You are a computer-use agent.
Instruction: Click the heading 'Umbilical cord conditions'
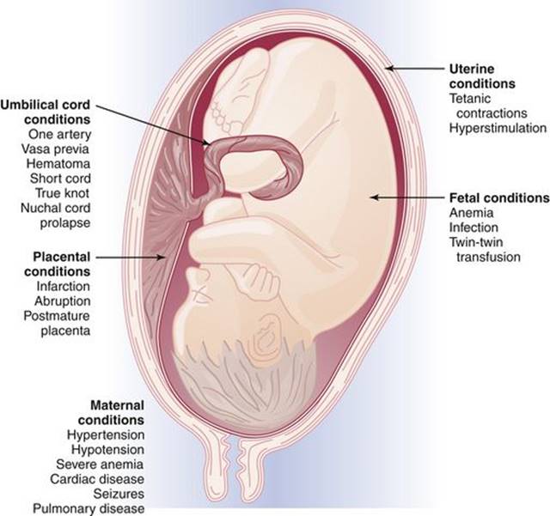pos(46,112)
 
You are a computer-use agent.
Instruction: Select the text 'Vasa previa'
pos(55,149)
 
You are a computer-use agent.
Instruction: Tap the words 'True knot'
pos(63,193)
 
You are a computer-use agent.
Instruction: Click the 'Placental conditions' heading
pos(58,264)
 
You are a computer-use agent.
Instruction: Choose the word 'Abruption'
pos(63,301)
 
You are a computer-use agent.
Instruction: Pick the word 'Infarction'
pos(64,287)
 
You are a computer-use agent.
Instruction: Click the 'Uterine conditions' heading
pos(482,76)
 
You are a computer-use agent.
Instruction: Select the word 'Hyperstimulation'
pos(498,128)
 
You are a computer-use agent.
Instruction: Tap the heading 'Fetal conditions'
pos(499,198)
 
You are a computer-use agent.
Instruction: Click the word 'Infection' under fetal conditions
pos(474,228)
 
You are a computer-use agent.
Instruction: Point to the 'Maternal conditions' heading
pos(111,413)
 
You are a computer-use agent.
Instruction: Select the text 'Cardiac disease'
pos(97,479)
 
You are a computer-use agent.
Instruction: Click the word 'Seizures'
pos(119,494)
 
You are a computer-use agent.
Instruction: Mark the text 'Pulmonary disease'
pos(89,508)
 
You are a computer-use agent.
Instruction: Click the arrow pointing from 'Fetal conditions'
pos(407,197)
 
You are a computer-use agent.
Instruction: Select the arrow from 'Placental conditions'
pos(131,258)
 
